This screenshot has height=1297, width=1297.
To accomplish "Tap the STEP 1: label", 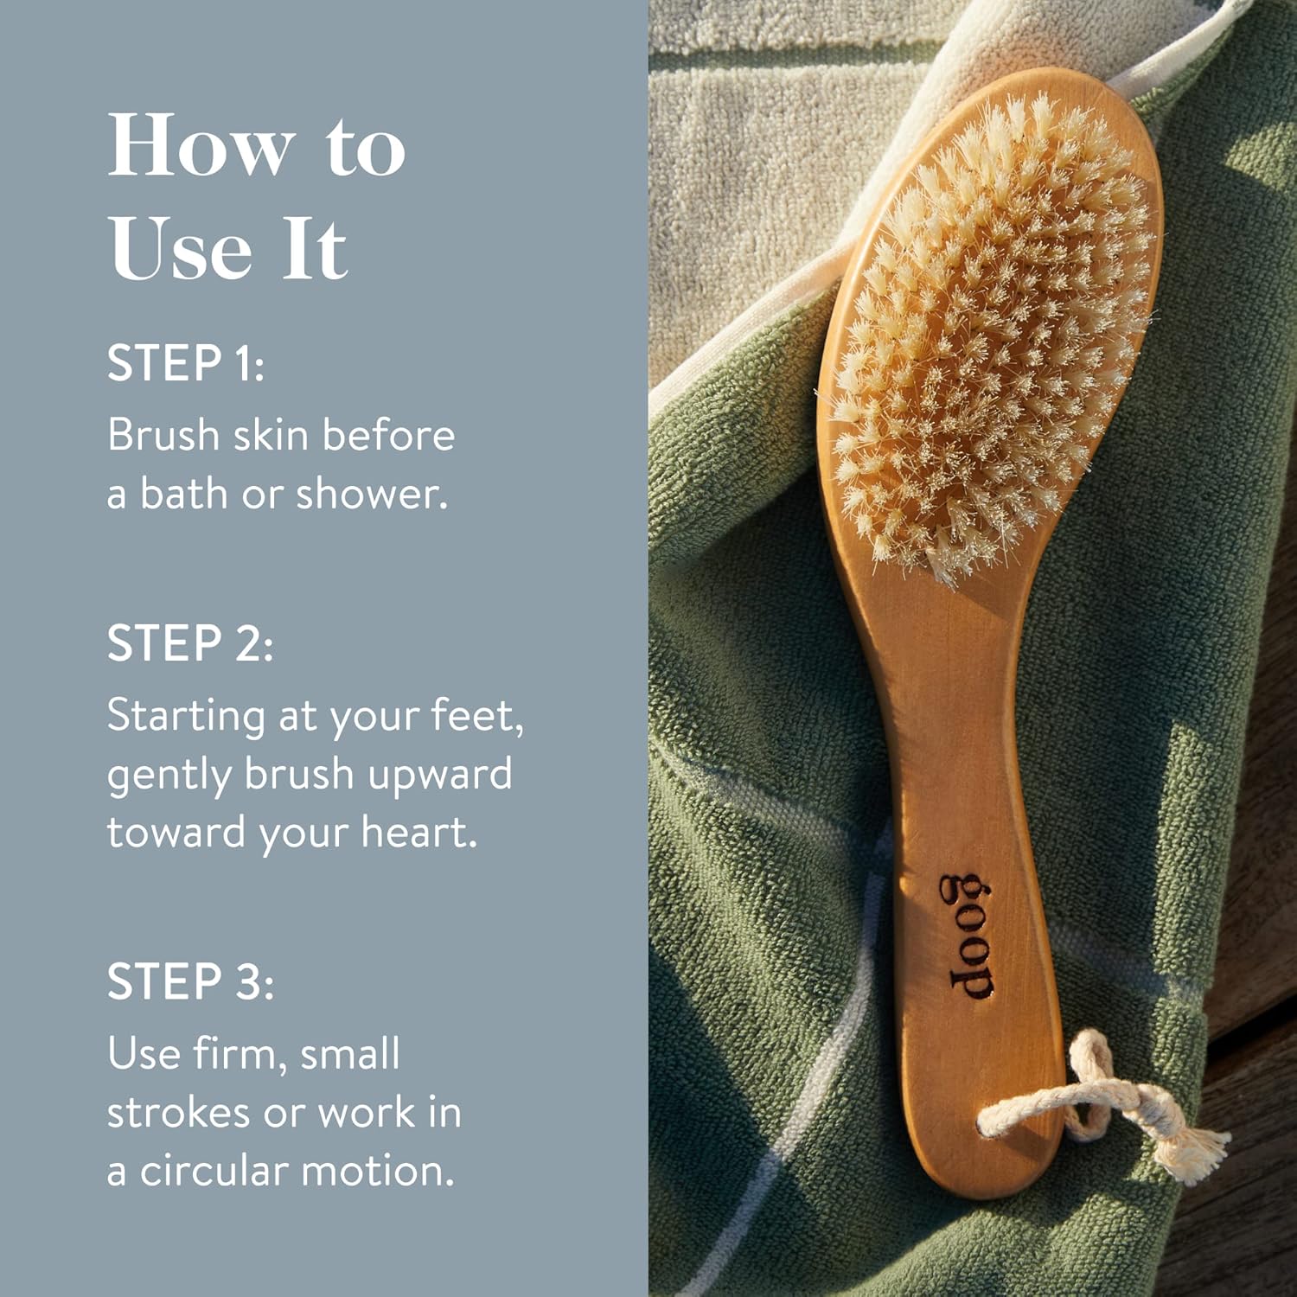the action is pyautogui.click(x=186, y=363).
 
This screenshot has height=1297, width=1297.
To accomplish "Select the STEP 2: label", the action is pyautogui.click(x=190, y=643).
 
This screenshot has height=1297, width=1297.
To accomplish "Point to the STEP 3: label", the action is pyautogui.click(x=190, y=982).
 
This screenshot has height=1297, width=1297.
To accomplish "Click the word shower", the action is pyautogui.click(x=372, y=494).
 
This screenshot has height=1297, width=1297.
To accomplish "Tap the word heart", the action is pyautogui.click(x=418, y=832).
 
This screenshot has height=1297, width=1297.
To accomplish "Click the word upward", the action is pyautogui.click(x=439, y=776).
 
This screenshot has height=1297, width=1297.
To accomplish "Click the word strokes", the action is pyautogui.click(x=180, y=1112).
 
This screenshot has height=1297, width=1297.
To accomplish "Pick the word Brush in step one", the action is pyautogui.click(x=163, y=434).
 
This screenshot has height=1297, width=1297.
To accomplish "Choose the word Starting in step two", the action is pyautogui.click(x=186, y=718).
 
